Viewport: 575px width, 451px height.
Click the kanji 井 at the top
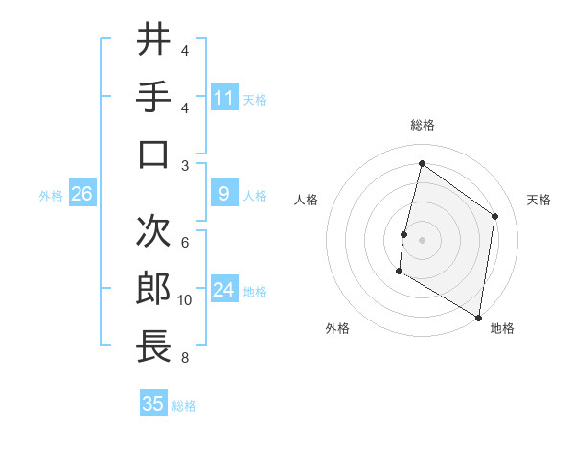[154, 40]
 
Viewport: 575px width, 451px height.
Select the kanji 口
[154, 154]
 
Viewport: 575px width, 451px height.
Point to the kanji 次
[154, 230]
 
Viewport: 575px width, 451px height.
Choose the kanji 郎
[154, 288]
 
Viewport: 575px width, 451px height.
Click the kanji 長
[154, 346]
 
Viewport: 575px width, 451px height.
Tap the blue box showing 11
[224, 97]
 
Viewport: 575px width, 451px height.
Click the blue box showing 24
[224, 291]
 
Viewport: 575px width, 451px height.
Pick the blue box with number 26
[82, 195]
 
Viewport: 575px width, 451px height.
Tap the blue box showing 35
[153, 404]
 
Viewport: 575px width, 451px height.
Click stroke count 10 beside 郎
[185, 300]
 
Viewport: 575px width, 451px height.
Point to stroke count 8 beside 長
[185, 359]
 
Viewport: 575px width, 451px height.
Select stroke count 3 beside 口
[185, 165]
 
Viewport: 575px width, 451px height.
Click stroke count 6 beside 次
[185, 243]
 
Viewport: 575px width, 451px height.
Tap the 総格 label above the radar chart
[422, 126]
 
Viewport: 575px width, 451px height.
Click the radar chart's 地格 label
[502, 328]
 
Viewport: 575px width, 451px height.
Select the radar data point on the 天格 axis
[495, 216]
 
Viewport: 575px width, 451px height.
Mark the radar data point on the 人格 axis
[404, 234]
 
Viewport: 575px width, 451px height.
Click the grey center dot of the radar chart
[422, 239]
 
